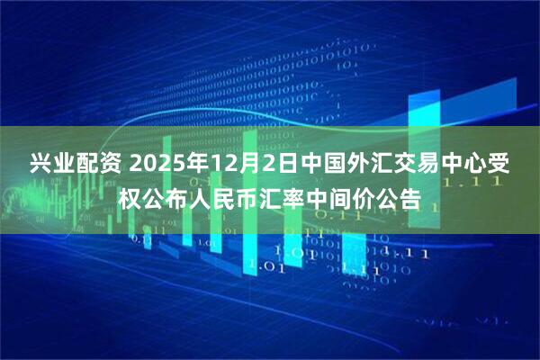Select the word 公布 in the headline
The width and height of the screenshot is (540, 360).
pos(166,197)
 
